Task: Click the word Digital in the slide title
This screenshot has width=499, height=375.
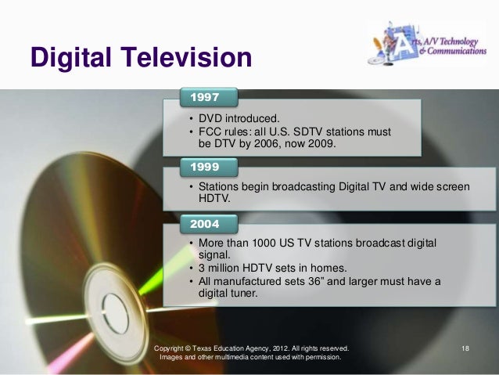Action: point(69,58)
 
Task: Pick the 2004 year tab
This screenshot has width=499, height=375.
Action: point(204,224)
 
